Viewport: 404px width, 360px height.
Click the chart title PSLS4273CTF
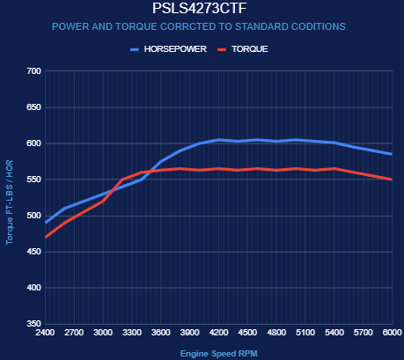[200, 8]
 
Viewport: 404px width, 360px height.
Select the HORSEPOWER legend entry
[168, 49]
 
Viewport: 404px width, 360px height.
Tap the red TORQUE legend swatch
[222, 49]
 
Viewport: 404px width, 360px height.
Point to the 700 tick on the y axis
[33, 71]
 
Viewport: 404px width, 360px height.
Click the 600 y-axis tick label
[33, 143]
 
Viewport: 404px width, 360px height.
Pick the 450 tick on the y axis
[33, 252]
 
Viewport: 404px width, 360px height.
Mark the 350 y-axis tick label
[33, 324]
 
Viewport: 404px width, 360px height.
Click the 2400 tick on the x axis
[45, 333]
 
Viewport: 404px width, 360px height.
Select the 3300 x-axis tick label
[132, 333]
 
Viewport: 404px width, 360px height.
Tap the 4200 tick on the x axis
[219, 333]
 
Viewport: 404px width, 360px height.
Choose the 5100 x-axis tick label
[305, 333]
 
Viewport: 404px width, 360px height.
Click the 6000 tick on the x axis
[393, 333]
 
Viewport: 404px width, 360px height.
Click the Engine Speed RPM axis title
[219, 354]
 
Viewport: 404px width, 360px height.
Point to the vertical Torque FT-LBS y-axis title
[10, 202]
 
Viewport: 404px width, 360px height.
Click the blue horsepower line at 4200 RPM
[219, 140]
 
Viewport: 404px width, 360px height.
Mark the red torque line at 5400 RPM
[334, 169]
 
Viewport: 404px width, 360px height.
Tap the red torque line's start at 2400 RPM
[46, 237]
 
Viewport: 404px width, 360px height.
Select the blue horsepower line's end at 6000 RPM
[392, 154]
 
